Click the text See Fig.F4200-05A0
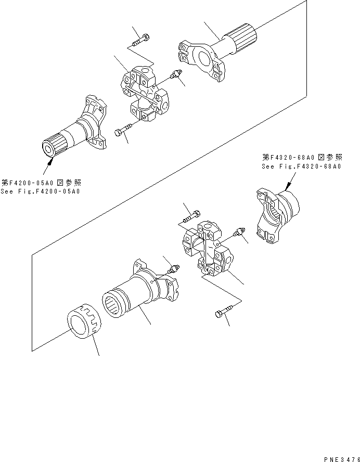point(41,191)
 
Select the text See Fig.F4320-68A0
point(301,166)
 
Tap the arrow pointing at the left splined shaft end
point(48,165)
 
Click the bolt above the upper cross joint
point(142,38)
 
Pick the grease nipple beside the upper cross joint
point(175,75)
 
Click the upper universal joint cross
point(145,94)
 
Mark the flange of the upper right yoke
point(200,58)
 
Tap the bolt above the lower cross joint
point(191,213)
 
